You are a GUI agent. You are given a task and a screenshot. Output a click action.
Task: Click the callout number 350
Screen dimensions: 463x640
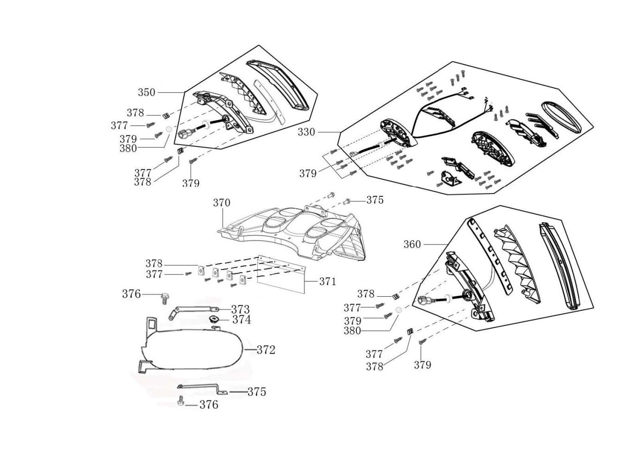pos(146,92)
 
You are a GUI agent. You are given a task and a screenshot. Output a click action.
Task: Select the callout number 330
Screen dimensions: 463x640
pos(306,132)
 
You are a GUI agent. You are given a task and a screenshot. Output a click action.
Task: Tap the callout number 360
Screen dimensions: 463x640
pos(412,244)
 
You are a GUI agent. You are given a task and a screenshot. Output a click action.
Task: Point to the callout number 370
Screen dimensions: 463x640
pos(221,203)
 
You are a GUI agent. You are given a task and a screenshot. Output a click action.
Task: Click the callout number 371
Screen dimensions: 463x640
pos(327,281)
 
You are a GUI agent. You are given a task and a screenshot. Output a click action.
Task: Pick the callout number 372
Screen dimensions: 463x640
pos(266,350)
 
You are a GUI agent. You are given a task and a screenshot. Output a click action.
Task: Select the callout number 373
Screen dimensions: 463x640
pos(240,309)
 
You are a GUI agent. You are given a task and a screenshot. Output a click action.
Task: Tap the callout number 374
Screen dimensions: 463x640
pos(241,319)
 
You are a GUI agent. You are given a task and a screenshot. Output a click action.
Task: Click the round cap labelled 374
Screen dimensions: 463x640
pos(215,319)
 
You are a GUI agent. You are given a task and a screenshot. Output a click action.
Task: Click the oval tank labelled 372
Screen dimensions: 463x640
pos(194,349)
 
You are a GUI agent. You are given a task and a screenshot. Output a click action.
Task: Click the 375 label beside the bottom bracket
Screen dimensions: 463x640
pos(256,392)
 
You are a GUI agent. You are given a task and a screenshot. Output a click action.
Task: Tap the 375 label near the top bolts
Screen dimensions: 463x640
pos(375,200)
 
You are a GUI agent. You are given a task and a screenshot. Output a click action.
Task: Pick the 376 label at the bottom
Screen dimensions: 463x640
pos(209,405)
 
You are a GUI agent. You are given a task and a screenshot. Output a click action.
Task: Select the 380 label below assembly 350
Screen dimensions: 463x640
pos(128,148)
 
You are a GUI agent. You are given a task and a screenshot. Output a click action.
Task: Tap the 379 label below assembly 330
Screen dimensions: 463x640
pos(308,174)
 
